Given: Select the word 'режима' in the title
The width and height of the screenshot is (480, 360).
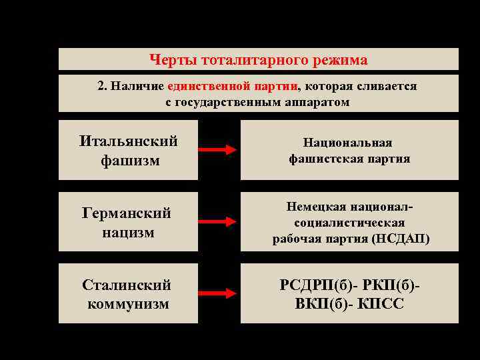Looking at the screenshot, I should (341, 60).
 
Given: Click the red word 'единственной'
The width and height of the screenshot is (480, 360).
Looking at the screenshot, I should (209, 87).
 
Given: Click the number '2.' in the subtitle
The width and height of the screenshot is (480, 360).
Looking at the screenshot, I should (102, 87).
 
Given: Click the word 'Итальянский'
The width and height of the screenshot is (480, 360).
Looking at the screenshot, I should (129, 141).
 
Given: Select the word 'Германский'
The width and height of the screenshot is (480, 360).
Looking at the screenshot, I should (127, 213).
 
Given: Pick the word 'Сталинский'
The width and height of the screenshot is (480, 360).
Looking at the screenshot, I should (127, 285).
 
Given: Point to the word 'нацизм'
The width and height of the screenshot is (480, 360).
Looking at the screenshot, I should (128, 233).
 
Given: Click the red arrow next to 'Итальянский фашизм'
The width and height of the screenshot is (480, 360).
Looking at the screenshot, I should (219, 150).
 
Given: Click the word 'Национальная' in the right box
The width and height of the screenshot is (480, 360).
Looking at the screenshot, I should (348, 143).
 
